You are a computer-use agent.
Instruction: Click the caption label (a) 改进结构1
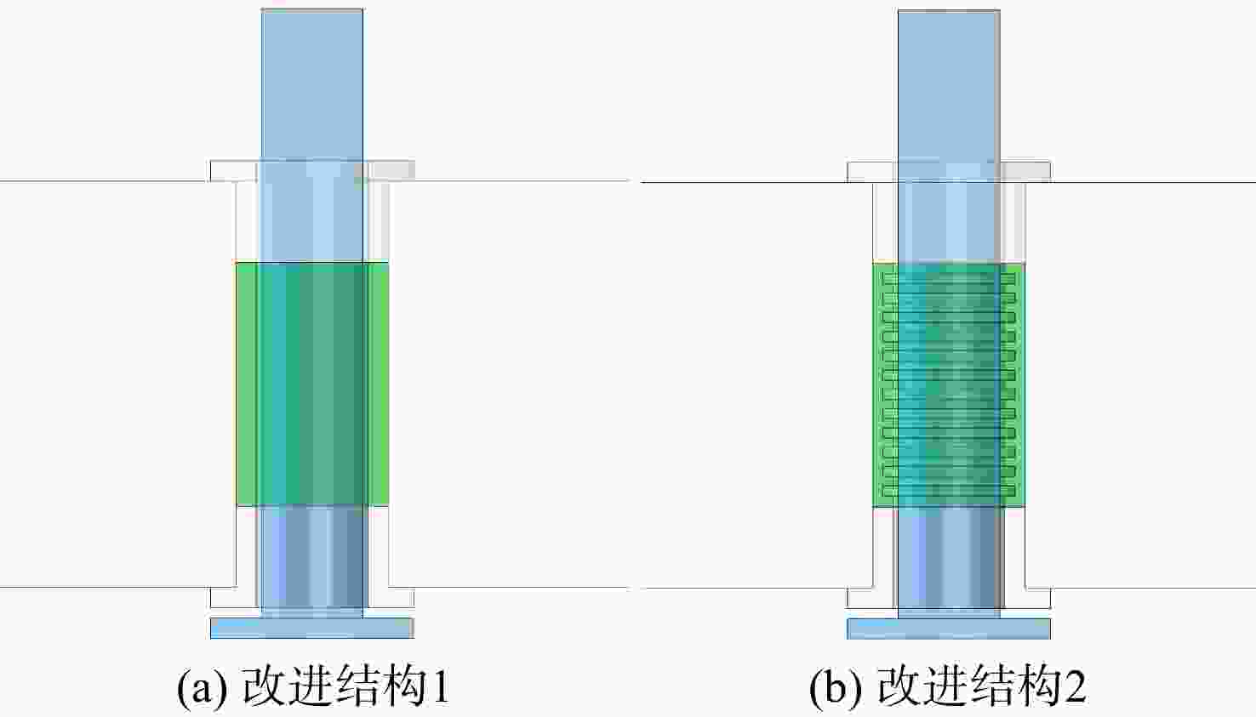tap(313, 686)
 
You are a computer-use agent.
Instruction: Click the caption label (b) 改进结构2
tap(948, 686)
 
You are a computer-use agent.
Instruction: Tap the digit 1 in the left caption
tap(442, 686)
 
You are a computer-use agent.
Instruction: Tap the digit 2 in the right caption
tap(1076, 686)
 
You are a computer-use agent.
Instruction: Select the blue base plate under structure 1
tap(312, 628)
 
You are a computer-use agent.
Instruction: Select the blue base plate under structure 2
tap(949, 629)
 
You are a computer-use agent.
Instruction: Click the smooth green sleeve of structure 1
tap(311, 384)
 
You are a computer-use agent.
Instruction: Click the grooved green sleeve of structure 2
tap(949, 384)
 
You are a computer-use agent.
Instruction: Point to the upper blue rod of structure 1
tap(311, 85)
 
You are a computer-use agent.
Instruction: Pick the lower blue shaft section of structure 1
tap(312, 558)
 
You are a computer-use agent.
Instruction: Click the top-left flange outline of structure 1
tap(234, 171)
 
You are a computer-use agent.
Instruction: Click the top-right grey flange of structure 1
tap(391, 171)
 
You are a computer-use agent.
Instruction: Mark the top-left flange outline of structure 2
tap(871, 172)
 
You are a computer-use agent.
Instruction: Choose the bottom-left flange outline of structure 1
tap(234, 598)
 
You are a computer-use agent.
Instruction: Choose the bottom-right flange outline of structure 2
tap(1026, 598)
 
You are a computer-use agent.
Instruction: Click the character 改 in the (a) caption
tap(263, 686)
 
